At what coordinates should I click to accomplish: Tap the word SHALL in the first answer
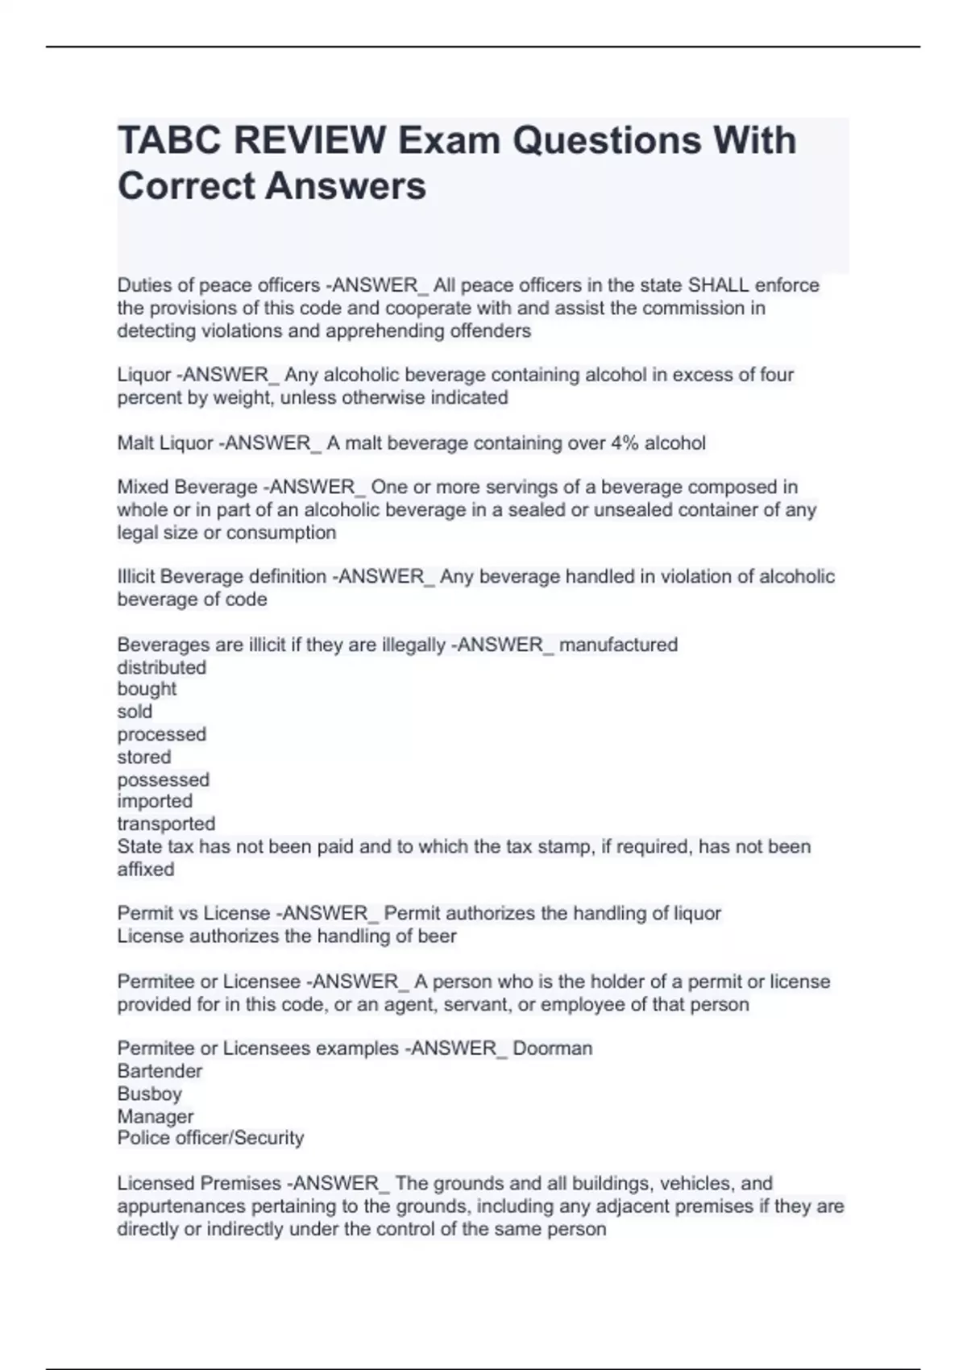point(718,285)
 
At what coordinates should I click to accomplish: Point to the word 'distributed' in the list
point(161,667)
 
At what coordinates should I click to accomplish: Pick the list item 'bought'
point(147,689)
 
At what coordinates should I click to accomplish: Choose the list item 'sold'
point(135,712)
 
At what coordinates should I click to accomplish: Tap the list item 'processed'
point(161,734)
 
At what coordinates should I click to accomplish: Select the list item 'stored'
point(144,757)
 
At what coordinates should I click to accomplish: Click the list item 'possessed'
point(163,779)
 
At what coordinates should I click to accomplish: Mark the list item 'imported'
point(155,801)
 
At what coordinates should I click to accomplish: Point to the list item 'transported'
point(166,824)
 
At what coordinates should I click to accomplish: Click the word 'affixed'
point(146,870)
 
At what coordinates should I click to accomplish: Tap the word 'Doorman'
point(552,1048)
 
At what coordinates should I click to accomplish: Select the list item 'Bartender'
point(160,1071)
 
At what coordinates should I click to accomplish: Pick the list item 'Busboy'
point(149,1094)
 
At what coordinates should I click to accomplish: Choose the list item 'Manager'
point(156,1116)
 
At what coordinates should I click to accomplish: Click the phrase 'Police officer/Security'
point(210,1138)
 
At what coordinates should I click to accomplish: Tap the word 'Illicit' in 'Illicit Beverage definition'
point(136,577)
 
